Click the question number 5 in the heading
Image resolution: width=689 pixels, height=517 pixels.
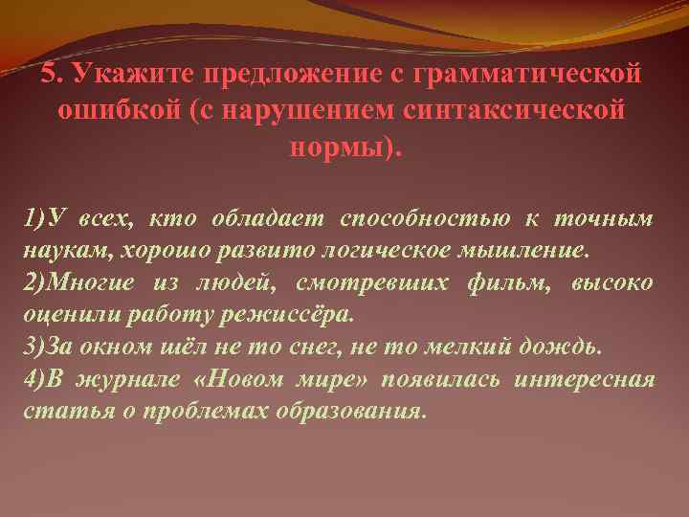pos(49,74)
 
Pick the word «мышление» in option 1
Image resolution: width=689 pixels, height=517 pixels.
pos(531,252)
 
